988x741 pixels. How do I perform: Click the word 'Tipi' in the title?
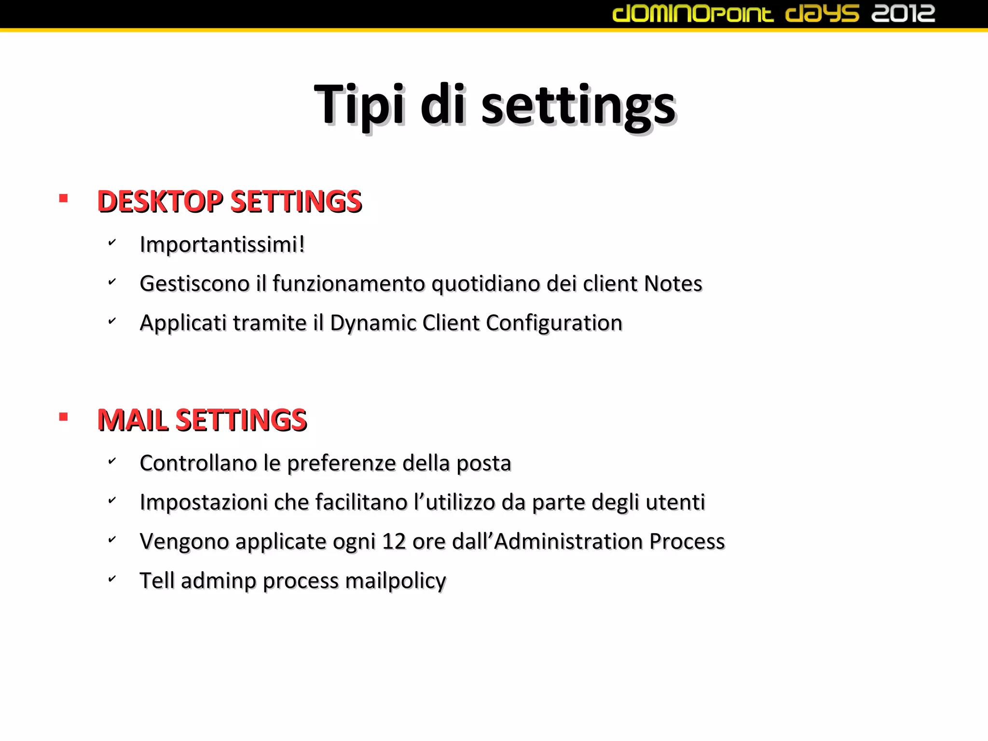pos(359,105)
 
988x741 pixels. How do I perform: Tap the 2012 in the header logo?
pos(903,14)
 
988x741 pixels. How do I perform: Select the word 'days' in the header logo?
pos(822,14)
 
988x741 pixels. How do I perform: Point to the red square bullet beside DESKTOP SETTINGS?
pos(63,198)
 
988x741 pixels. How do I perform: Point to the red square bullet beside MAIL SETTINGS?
pos(63,417)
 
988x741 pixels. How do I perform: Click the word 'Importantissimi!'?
pos(222,244)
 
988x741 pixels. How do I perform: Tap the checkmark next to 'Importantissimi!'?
pos(112,242)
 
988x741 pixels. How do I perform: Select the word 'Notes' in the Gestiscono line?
pos(673,284)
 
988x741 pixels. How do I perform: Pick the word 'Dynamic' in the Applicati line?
pos(372,323)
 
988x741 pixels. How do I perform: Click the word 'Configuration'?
pos(554,323)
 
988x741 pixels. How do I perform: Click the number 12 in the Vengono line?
pos(394,541)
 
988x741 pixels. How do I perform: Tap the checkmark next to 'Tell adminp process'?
pos(112,578)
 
